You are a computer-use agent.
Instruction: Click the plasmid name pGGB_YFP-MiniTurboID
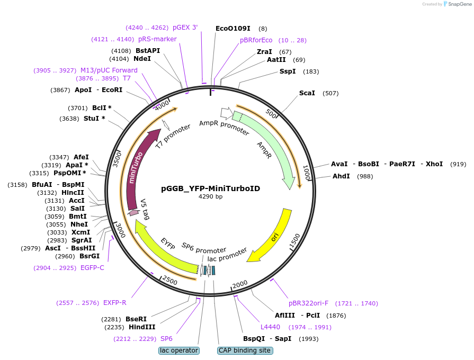[210, 188]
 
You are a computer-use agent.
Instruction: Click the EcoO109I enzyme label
[233, 29]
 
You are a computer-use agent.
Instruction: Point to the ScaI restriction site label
[307, 93]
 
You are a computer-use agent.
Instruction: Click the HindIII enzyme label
[142, 327]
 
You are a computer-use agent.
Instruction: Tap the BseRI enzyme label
[136, 319]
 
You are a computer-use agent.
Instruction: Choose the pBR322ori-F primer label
[308, 303]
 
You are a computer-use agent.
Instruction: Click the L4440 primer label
[270, 327]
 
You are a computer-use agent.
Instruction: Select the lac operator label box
[178, 350]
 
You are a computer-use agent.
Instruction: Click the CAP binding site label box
[245, 350]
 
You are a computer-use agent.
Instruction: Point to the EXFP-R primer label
[114, 303]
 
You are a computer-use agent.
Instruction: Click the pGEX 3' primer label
[185, 28]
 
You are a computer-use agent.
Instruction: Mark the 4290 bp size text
[210, 197]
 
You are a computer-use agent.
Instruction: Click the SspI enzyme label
[288, 71]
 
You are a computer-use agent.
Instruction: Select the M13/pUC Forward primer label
[109, 70]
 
